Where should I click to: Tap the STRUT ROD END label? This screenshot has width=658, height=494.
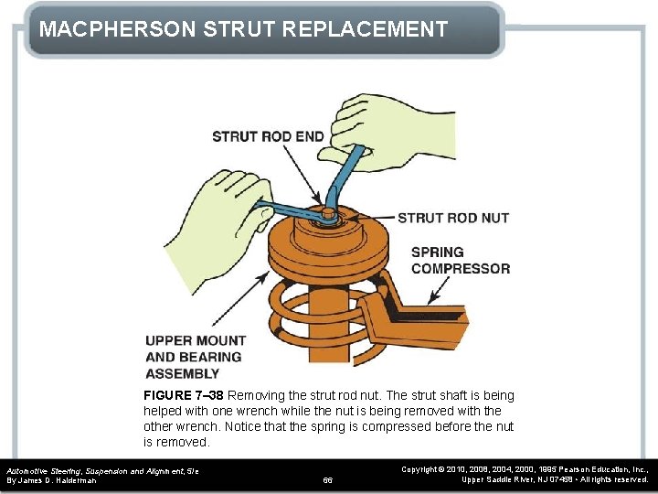pyautogui.click(x=268, y=136)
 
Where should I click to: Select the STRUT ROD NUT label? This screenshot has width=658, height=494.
pyautogui.click(x=453, y=218)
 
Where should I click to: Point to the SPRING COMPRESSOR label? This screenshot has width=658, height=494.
pyautogui.click(x=460, y=260)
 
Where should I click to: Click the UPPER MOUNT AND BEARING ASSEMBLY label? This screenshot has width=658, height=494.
pyautogui.click(x=194, y=357)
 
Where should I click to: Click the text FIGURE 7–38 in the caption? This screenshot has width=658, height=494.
pyautogui.click(x=183, y=395)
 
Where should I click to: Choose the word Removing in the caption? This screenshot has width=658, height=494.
pyautogui.click(x=255, y=395)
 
